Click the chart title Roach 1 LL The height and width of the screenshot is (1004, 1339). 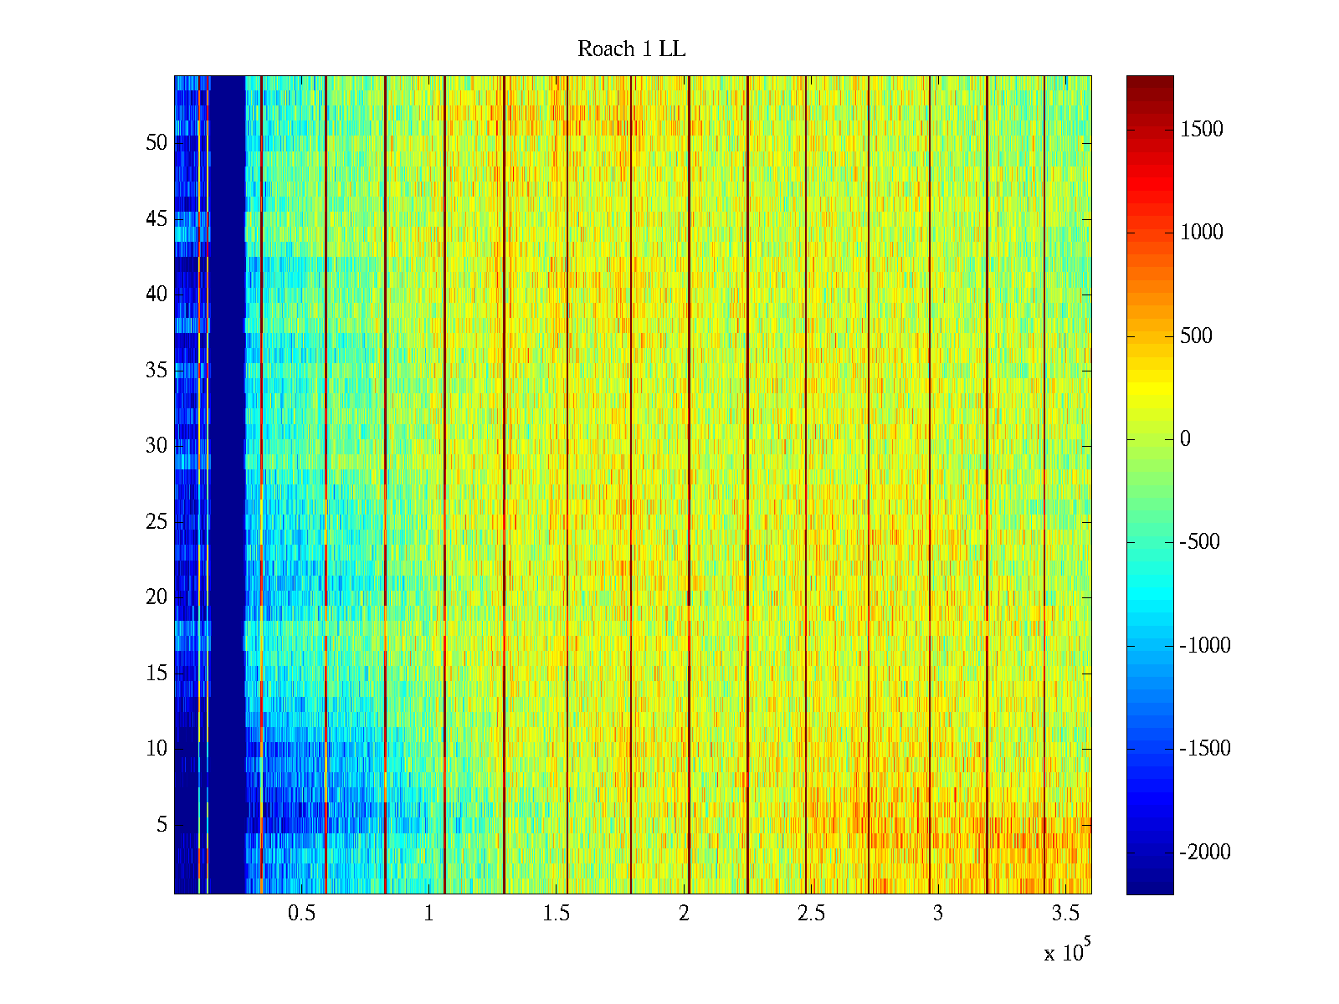click(x=631, y=49)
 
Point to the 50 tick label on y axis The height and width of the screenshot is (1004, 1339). click(x=156, y=143)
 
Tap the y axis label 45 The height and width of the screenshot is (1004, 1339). click(x=156, y=219)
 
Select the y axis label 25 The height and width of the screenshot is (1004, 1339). click(x=156, y=522)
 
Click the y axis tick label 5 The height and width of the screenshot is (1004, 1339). click(x=162, y=825)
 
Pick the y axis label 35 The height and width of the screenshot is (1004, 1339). click(x=156, y=371)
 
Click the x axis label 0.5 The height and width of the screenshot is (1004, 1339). click(x=301, y=914)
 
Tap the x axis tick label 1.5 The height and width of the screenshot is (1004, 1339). click(x=556, y=914)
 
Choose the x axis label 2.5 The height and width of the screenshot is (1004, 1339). click(x=811, y=914)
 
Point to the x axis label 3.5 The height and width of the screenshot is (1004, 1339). click(x=1065, y=914)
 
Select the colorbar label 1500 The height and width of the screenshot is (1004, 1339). click(x=1201, y=129)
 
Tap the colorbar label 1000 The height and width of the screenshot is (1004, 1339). click(x=1201, y=233)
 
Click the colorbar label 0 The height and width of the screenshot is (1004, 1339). click(x=1185, y=439)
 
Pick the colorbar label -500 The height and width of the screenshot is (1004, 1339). click(x=1199, y=542)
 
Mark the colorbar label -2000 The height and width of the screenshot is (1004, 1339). click(x=1205, y=853)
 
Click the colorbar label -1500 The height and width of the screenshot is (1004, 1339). click(x=1205, y=749)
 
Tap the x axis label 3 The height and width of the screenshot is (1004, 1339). click(x=938, y=914)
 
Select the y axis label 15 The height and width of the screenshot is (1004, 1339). click(x=156, y=674)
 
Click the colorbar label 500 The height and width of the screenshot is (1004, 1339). click(x=1196, y=336)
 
